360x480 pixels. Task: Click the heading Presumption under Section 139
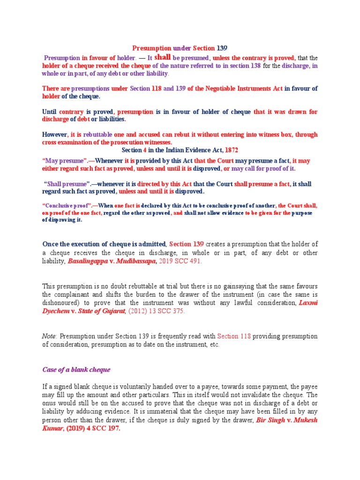coord(180,48)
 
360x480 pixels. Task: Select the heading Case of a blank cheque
coord(76,369)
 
